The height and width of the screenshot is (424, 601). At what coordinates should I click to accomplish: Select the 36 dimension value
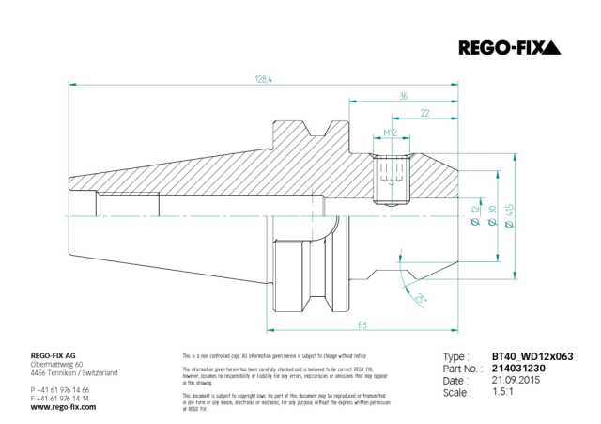(403, 95)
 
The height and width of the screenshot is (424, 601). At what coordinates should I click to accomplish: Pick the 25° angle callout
(419, 298)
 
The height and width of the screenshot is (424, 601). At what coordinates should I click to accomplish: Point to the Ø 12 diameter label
(472, 222)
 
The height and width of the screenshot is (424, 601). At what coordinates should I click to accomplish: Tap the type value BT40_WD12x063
(532, 357)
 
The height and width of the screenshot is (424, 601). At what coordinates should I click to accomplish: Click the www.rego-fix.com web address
(63, 407)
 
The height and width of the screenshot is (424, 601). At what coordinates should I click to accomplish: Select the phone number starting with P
(60, 389)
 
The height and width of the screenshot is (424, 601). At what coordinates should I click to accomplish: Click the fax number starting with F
(60, 398)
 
